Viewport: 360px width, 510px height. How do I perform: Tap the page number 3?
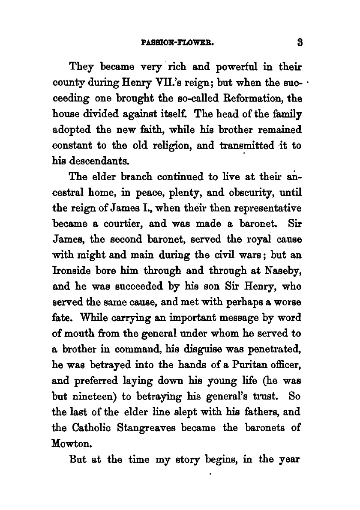[300, 43]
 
